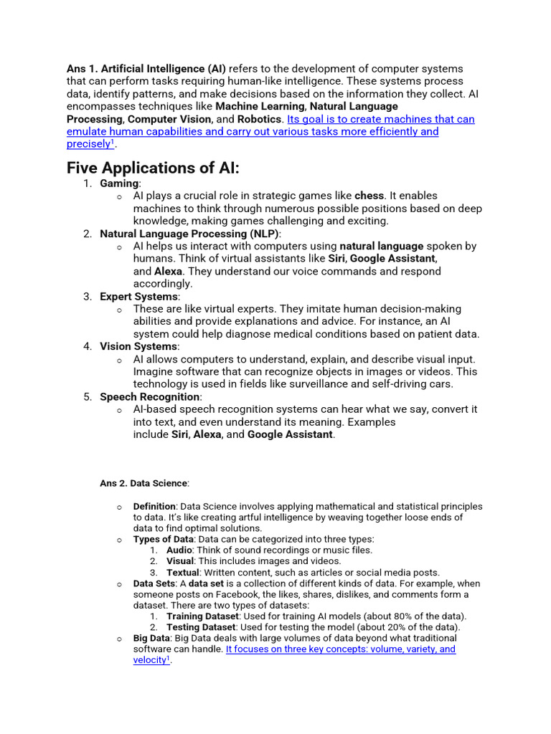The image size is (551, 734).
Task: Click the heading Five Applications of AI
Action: pyautogui.click(x=153, y=168)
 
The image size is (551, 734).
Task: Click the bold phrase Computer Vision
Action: pyautogui.click(x=169, y=119)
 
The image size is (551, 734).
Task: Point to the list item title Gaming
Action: pyautogui.click(x=118, y=183)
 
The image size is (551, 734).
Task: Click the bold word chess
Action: pyautogui.click(x=369, y=196)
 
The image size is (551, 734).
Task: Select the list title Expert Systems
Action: pyautogui.click(x=138, y=297)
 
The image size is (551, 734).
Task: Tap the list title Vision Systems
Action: pyautogui.click(x=138, y=347)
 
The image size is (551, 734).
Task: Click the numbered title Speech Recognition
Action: pyautogui.click(x=150, y=397)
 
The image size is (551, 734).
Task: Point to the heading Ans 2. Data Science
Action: pyautogui.click(x=143, y=484)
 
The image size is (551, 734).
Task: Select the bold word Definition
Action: pyautogui.click(x=154, y=507)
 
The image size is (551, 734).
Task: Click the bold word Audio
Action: pyautogui.click(x=179, y=550)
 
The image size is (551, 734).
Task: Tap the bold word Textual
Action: pyautogui.click(x=182, y=573)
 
